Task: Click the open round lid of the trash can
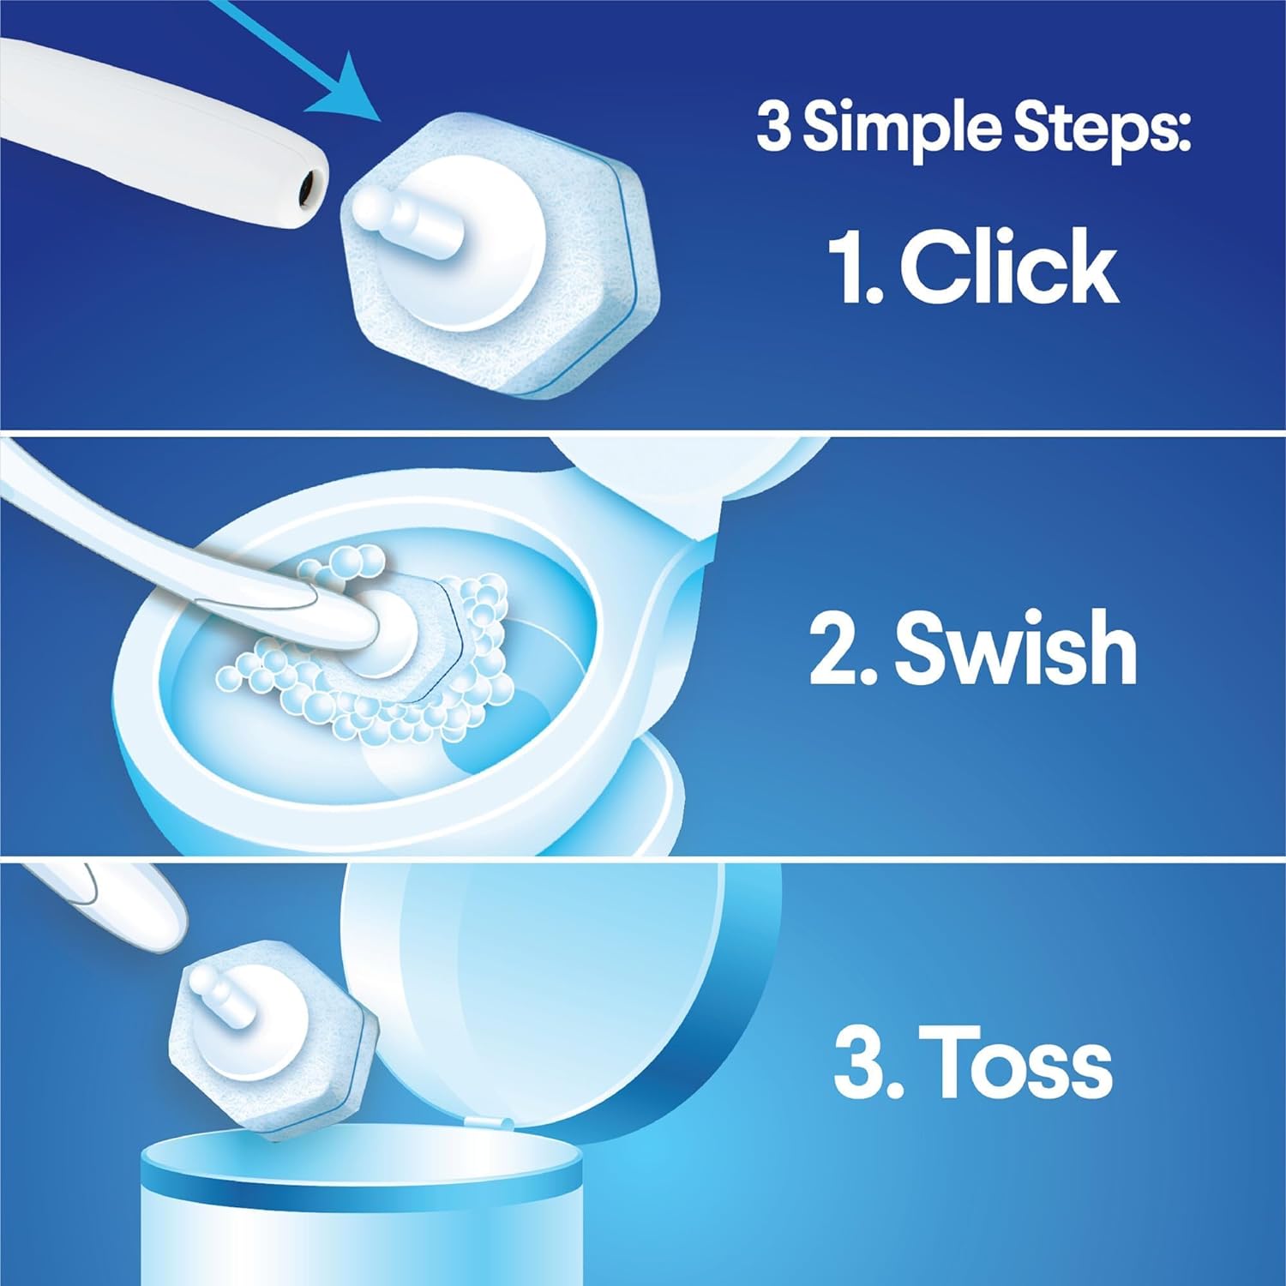point(557,986)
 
